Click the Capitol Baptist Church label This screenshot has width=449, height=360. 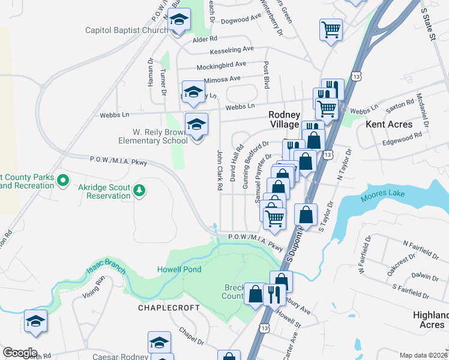[x=126, y=30]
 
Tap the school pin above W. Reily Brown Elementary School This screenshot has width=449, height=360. [x=196, y=125]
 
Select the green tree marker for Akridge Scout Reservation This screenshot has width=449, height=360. [x=139, y=191]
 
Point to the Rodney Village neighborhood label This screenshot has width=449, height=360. [x=284, y=119]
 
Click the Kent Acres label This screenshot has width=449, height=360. [x=390, y=124]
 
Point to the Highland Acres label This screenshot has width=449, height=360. [x=430, y=320]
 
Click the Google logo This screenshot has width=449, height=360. [x=20, y=353]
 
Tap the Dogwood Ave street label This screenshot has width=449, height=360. [x=241, y=20]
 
